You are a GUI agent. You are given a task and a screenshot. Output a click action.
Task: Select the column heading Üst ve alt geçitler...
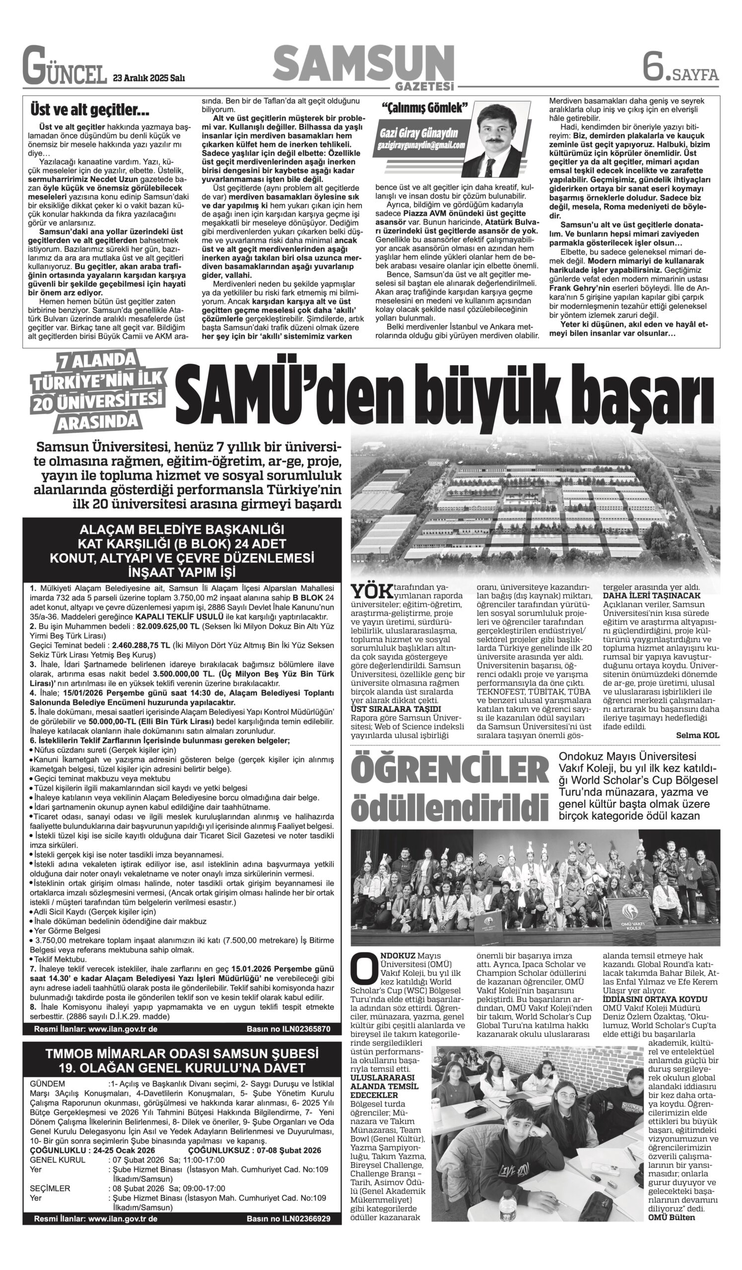[90, 109]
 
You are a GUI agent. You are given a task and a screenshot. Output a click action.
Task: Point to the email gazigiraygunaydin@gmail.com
[421, 145]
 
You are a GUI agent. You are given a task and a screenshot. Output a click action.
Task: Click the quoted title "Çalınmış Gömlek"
[425, 107]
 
